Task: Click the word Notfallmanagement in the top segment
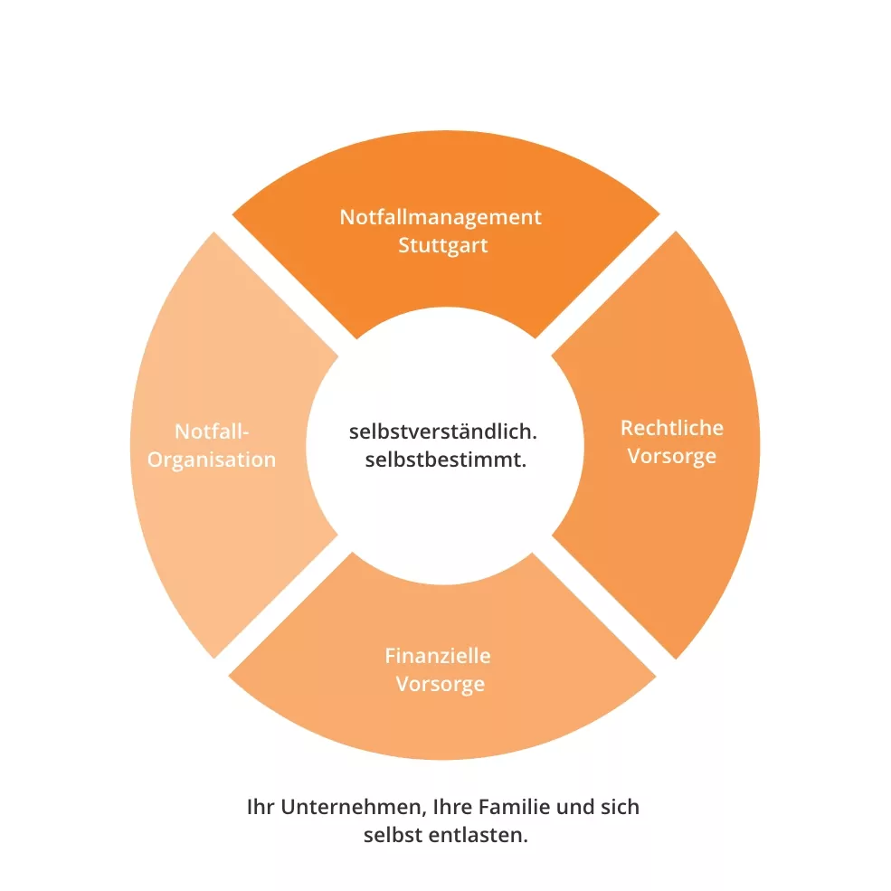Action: pyautogui.click(x=441, y=217)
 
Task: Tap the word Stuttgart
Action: pyautogui.click(x=442, y=245)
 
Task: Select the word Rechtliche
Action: pyautogui.click(x=671, y=427)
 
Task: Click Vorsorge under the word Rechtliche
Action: pyautogui.click(x=671, y=455)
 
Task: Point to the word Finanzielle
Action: pyautogui.click(x=438, y=655)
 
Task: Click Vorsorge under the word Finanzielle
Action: pyautogui.click(x=440, y=683)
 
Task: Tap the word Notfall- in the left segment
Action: pyautogui.click(x=212, y=431)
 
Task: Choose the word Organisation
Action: pyautogui.click(x=212, y=460)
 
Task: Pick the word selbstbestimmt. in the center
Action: pyautogui.click(x=446, y=460)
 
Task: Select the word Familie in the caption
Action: pyautogui.click(x=513, y=806)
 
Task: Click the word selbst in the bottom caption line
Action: pyautogui.click(x=393, y=835)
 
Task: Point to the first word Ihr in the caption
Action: pyautogui.click(x=260, y=806)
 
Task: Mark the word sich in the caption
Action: pyautogui.click(x=620, y=806)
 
